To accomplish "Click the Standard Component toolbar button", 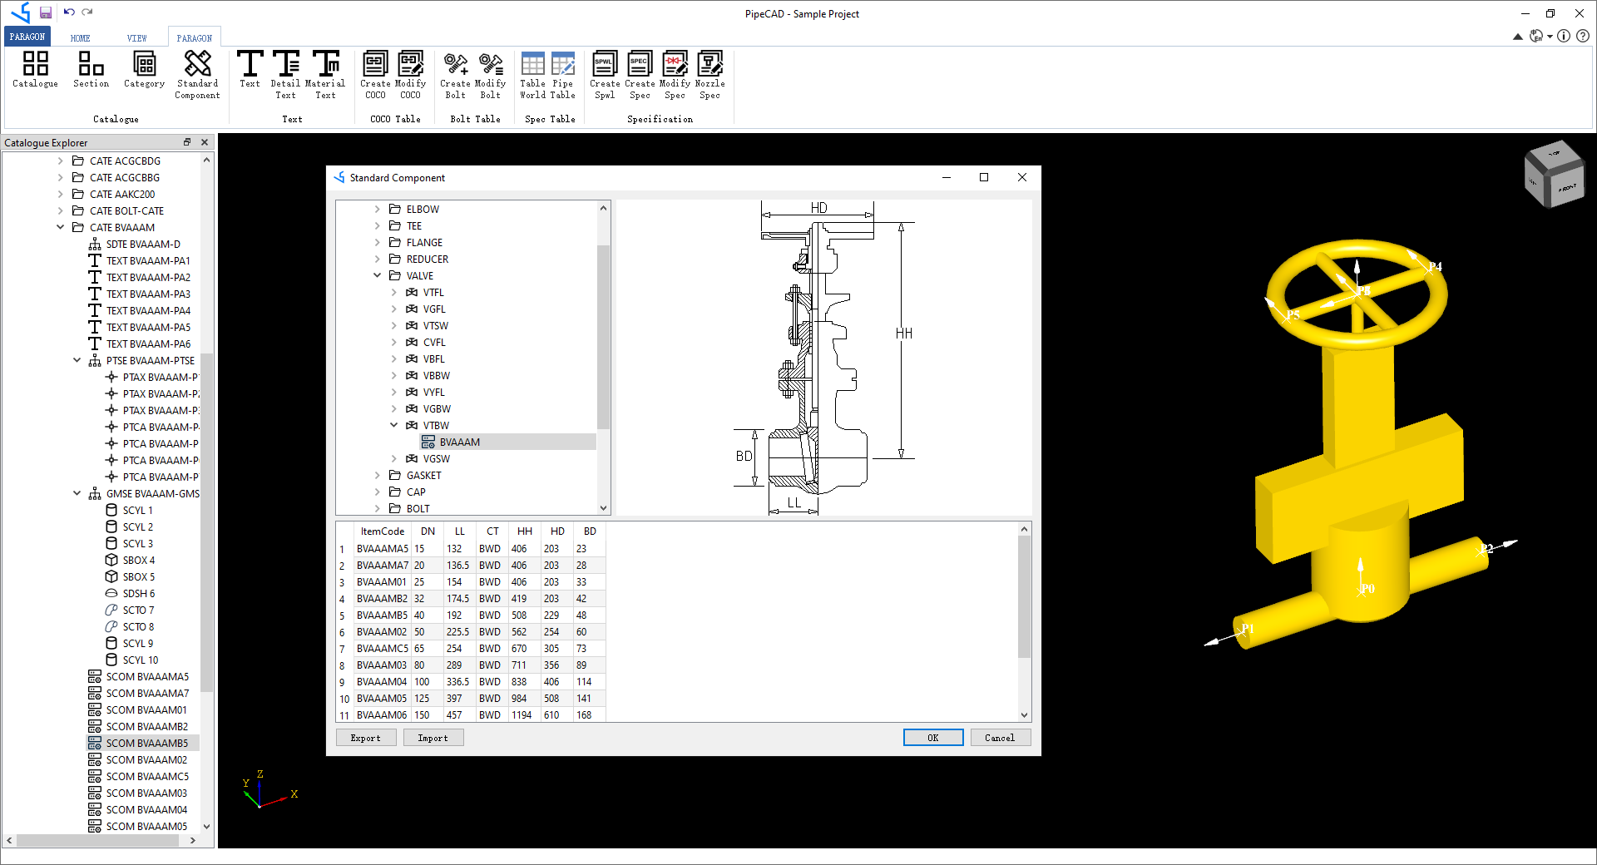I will pos(197,74).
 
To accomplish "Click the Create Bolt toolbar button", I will pos(455,74).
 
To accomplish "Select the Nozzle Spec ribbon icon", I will pos(710,74).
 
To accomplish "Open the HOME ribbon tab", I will pos(80,38).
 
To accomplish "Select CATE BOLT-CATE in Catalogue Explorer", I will pos(126,211).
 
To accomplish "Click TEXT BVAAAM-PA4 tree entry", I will pos(148,311).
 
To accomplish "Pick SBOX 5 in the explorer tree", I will pos(138,577).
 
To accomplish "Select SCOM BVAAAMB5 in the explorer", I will pos(146,744).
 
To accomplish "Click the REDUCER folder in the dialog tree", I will pos(427,259).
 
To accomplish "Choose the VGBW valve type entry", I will pos(437,409).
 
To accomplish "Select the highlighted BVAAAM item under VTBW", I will pos(459,442).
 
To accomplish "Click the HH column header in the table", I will pos(524,531).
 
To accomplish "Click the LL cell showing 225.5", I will pos(457,632).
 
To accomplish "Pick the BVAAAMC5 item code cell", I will pos(383,649).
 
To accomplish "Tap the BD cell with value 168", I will pos(584,715).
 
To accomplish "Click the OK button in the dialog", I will pos(932,738).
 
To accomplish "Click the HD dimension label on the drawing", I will pos(818,208).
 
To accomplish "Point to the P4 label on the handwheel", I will pos(1435,267).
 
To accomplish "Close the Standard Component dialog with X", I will pos(1022,177).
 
